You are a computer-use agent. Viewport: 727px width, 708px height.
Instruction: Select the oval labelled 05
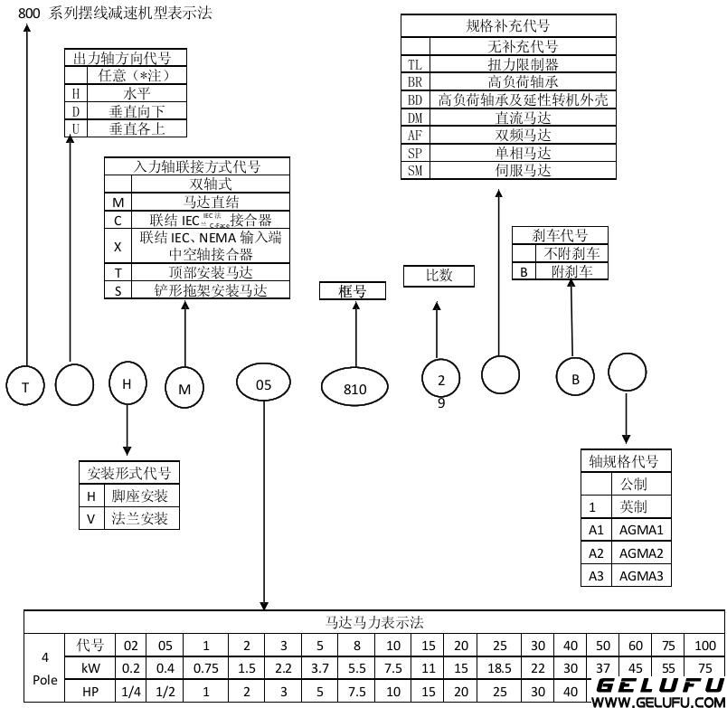[263, 384]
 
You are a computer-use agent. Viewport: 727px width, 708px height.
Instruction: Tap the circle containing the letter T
[26, 387]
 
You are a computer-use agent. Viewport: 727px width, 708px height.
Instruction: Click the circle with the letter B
[575, 380]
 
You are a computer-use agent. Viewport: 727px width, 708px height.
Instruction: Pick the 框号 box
[352, 290]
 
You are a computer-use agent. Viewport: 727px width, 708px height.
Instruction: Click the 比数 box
[439, 276]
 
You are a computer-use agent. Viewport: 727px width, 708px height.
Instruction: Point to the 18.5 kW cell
[501, 668]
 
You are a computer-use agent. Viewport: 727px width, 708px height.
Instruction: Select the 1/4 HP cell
[131, 691]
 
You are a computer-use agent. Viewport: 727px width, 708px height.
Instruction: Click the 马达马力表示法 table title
[373, 622]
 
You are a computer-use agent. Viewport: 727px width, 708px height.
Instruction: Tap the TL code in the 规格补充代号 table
[415, 64]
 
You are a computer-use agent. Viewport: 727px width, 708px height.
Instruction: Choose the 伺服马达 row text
[523, 171]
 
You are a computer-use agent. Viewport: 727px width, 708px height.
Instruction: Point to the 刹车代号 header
[560, 236]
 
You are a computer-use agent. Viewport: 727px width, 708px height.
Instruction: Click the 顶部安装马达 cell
[211, 272]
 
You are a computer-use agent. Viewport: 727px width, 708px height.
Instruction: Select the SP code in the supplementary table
[415, 153]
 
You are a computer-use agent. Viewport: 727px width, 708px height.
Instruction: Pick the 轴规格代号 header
[624, 461]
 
